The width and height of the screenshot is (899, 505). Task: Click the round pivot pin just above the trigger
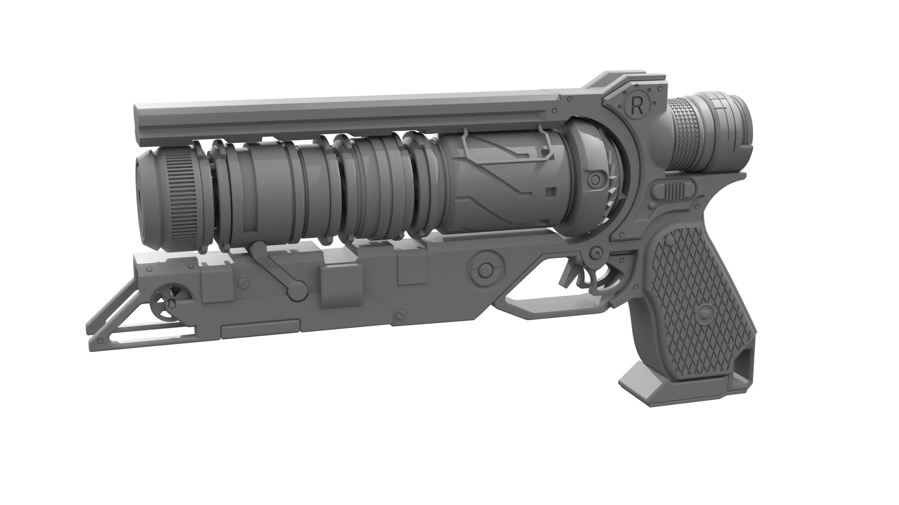(x=596, y=251)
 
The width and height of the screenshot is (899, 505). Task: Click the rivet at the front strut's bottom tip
(x=101, y=340)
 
